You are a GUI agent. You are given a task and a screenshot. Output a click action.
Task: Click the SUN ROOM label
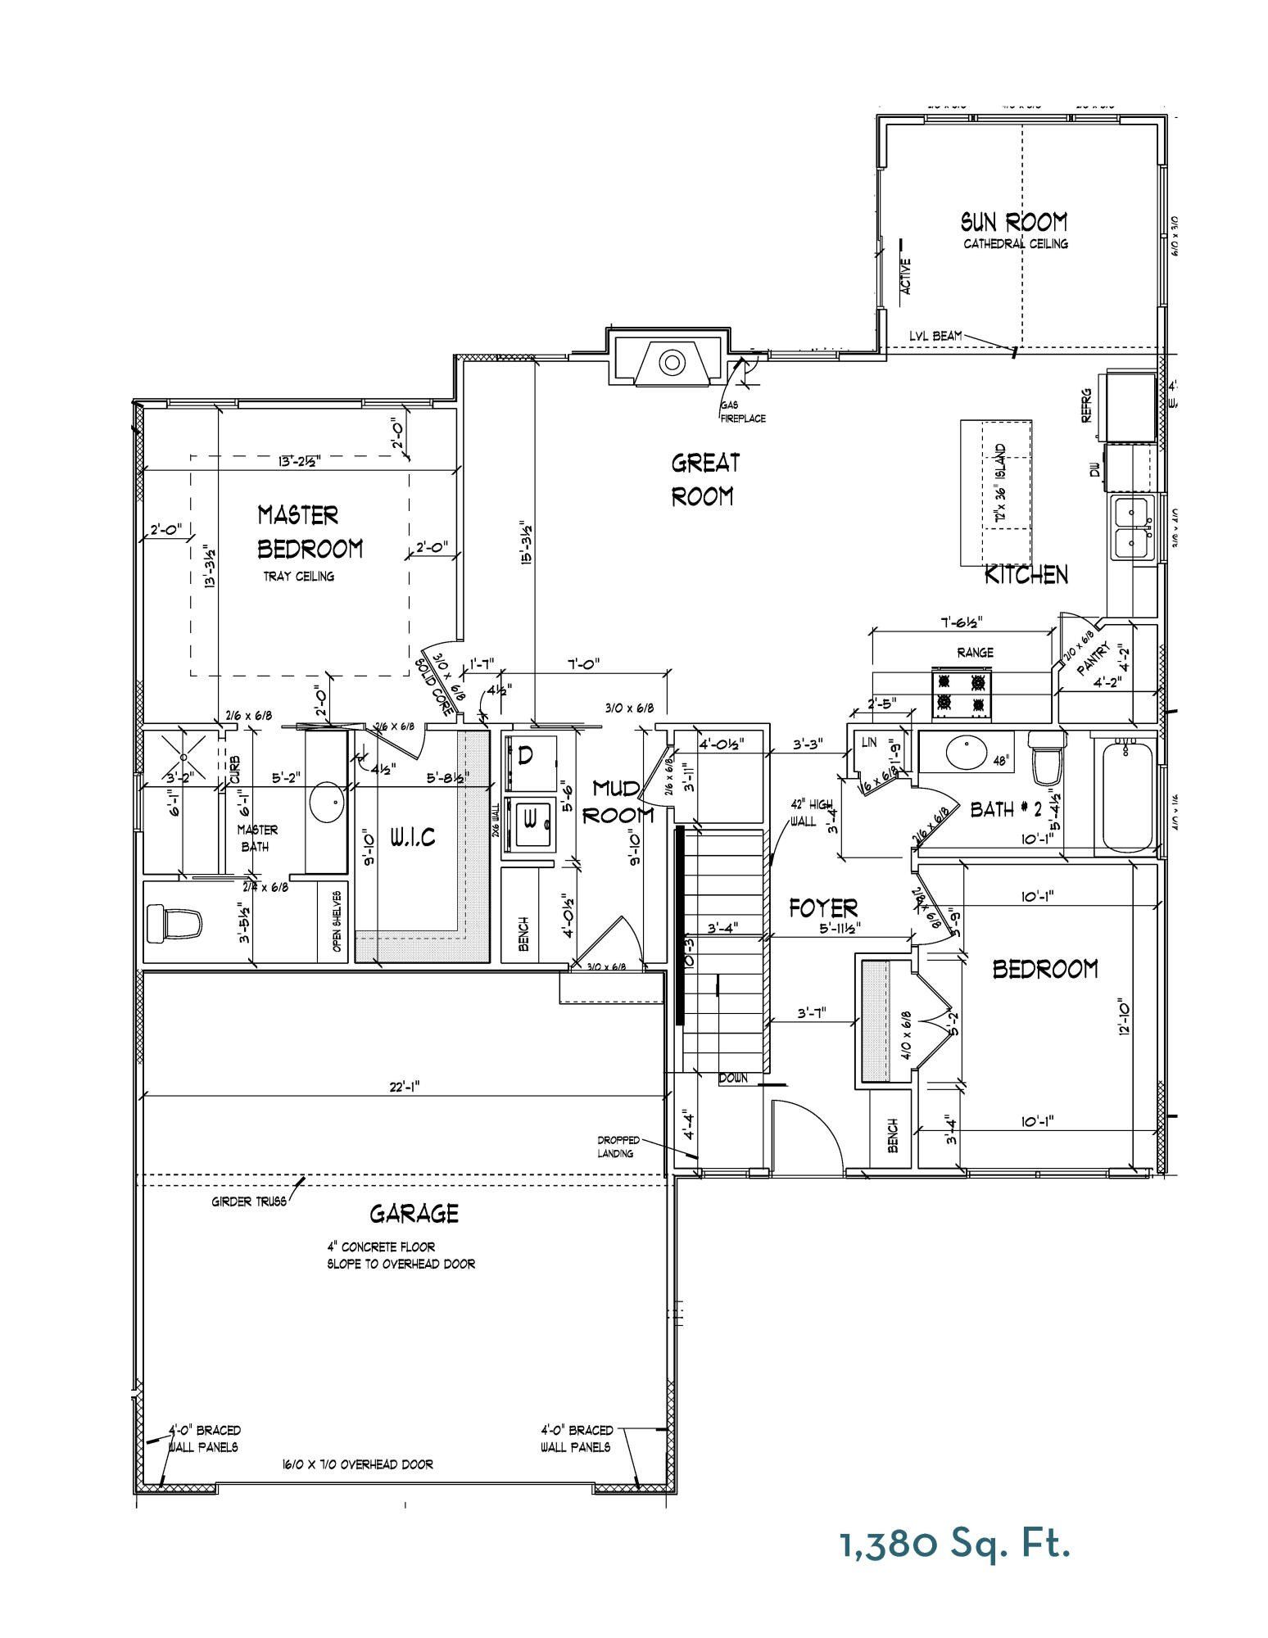point(1014,222)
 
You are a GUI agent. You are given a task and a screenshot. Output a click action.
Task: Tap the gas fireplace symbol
point(671,361)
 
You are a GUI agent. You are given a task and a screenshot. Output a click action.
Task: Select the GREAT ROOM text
point(704,480)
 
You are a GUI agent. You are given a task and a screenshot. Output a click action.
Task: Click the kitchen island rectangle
point(995,492)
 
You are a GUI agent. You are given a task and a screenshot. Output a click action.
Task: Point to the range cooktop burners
point(961,691)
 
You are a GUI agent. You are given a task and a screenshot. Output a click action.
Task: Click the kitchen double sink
point(1134,527)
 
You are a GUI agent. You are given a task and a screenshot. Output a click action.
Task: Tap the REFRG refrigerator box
point(1130,405)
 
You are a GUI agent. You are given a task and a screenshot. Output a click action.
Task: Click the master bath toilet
point(174,924)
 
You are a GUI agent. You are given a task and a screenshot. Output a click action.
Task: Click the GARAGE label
point(414,1214)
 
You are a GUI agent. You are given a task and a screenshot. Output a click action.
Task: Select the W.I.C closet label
point(412,837)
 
